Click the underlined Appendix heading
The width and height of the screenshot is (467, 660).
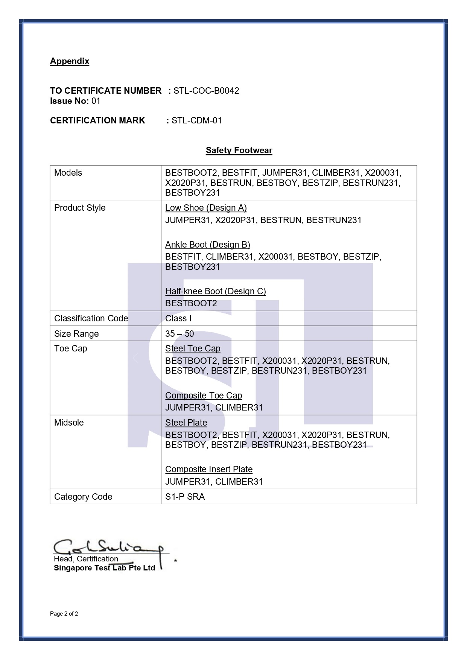coord(70,61)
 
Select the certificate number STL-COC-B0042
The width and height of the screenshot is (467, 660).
coord(206,91)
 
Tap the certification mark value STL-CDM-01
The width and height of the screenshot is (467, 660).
coord(196,120)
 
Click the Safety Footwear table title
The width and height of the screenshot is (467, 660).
coord(239,151)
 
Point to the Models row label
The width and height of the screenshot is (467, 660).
coord(68,173)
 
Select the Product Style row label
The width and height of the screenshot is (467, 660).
coord(80,208)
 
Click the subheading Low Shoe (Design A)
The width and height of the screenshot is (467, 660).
coord(206,208)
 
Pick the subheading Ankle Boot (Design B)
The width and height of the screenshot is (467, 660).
coord(207,245)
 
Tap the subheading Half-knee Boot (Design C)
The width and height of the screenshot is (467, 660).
coord(215,291)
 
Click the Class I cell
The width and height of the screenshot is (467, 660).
coord(178,318)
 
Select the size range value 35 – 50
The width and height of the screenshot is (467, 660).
coord(179,334)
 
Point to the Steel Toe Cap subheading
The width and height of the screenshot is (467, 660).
coord(193,348)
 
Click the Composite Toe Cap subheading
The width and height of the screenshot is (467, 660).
coord(204,395)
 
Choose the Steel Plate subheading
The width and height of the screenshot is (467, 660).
coord(186,423)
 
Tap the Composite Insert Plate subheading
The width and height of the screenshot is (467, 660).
coord(209,469)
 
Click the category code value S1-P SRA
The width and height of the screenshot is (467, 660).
coord(185,497)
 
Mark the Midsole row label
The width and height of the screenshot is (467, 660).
coord(69,423)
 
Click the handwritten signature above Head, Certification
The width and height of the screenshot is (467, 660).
coord(109,547)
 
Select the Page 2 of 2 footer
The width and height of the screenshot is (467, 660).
coord(64,614)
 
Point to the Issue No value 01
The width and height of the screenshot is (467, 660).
coord(96,101)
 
